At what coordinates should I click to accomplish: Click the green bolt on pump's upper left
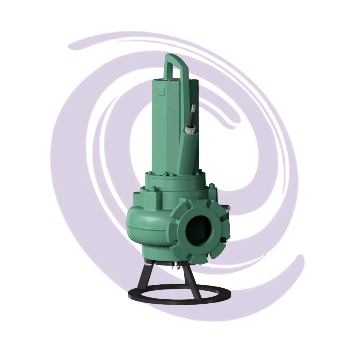click(x=152, y=189)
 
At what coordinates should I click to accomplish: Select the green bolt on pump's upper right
click(x=212, y=186)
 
